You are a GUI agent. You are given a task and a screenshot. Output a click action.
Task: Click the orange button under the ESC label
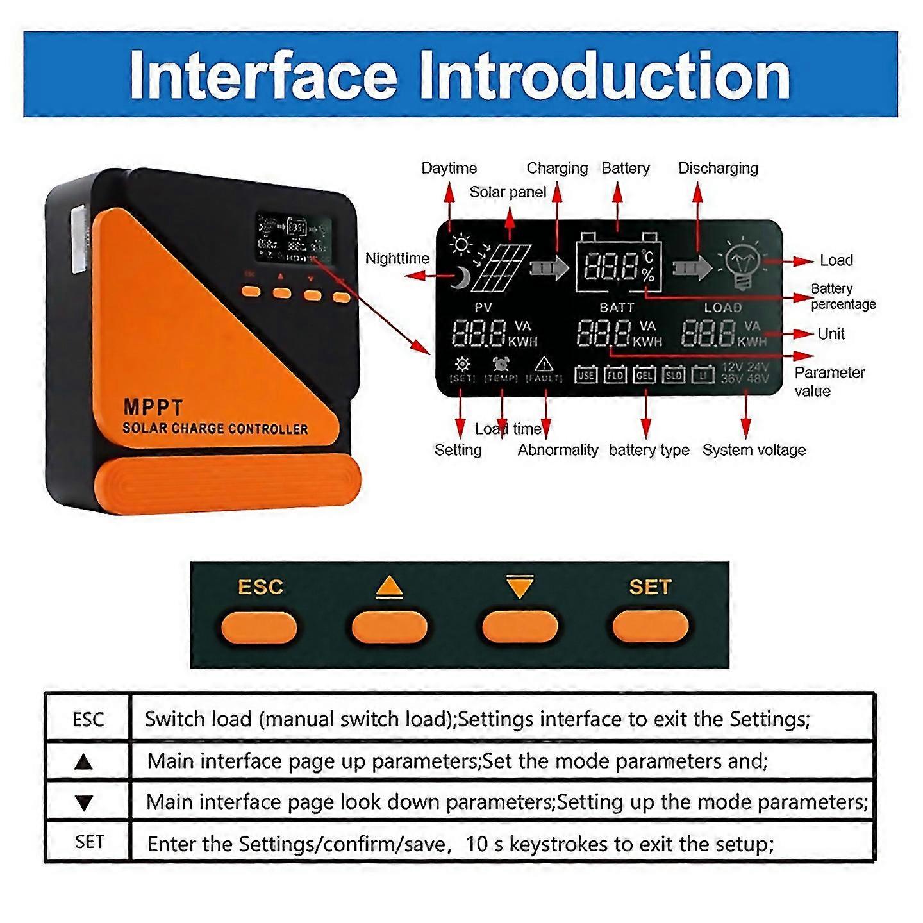(x=259, y=628)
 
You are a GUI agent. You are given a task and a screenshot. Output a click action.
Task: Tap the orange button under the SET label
(x=650, y=628)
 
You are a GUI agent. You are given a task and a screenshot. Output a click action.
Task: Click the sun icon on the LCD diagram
(x=461, y=245)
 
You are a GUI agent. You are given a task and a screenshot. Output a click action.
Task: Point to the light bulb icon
(x=742, y=263)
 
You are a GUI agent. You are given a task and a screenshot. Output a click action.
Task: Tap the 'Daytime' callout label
(x=449, y=169)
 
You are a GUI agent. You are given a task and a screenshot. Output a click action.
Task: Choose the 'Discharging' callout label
(x=718, y=169)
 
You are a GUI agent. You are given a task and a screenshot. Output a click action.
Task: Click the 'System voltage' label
(x=754, y=450)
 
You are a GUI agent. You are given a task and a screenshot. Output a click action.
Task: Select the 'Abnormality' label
(x=558, y=450)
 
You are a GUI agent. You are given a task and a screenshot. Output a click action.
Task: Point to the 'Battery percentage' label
(x=842, y=296)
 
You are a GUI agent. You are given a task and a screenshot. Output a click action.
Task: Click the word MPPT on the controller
(x=153, y=408)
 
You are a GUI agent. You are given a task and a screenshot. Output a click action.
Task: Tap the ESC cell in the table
(x=88, y=719)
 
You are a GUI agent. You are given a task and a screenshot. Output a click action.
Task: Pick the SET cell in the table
(x=88, y=842)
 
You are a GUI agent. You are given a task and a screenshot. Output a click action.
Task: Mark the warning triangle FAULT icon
(x=544, y=365)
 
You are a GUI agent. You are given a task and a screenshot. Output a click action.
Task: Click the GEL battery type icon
(x=644, y=374)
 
